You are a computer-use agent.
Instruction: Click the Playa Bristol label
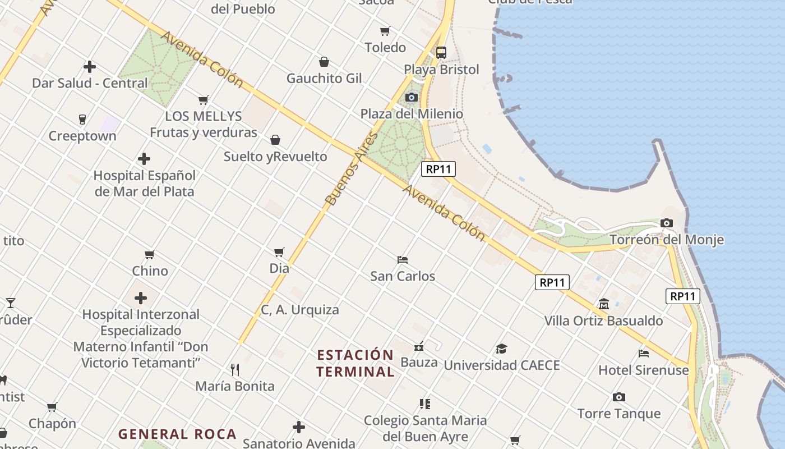tap(442, 70)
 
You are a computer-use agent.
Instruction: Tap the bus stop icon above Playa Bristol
tap(441, 53)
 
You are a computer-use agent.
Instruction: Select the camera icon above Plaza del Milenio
tap(412, 97)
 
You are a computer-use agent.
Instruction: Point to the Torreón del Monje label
tap(666, 240)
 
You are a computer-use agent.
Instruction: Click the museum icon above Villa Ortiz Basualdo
tap(603, 304)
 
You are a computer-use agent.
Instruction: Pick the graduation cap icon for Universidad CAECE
tap(501, 349)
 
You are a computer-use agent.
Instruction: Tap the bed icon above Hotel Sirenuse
tap(644, 354)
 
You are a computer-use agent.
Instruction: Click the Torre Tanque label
tap(619, 414)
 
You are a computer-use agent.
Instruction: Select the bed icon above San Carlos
tap(403, 260)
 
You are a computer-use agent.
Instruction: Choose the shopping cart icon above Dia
tap(279, 252)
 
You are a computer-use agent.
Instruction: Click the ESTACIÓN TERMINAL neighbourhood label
tap(355, 363)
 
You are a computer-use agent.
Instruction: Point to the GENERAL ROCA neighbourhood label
tap(177, 434)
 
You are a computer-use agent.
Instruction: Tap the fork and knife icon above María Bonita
tap(235, 369)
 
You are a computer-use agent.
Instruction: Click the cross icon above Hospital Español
tap(144, 159)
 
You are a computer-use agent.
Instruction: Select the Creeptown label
tap(82, 136)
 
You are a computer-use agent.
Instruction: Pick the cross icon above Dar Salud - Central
tap(90, 67)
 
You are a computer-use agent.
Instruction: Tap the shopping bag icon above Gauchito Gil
tap(324, 62)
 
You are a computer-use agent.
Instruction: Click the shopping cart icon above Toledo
tap(385, 31)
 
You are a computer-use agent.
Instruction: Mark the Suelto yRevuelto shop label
tap(275, 156)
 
